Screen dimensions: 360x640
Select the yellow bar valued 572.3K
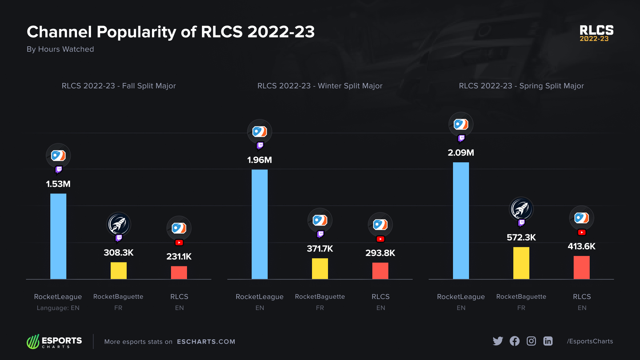point(521,263)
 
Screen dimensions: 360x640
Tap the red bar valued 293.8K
point(380,271)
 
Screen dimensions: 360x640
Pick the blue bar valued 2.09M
point(461,220)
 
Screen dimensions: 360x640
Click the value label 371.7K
point(320,249)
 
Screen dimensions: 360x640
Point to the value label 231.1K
point(179,257)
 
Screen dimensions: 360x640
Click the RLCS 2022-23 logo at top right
point(596,33)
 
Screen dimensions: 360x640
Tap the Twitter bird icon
point(498,341)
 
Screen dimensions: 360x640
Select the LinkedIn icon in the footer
point(548,341)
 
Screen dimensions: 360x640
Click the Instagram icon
point(531,341)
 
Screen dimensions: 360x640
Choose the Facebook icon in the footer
point(514,341)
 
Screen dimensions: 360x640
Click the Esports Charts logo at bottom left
point(54,342)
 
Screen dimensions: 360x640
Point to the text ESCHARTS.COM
point(206,342)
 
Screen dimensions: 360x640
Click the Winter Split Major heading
point(320,86)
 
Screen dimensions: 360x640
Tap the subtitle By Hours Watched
point(60,49)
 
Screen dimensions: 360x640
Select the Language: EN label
point(58,308)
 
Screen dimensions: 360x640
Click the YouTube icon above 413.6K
point(582,233)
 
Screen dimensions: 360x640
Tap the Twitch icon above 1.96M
point(260,146)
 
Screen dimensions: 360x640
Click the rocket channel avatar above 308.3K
point(119,224)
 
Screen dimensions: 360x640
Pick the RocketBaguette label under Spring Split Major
point(521,297)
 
